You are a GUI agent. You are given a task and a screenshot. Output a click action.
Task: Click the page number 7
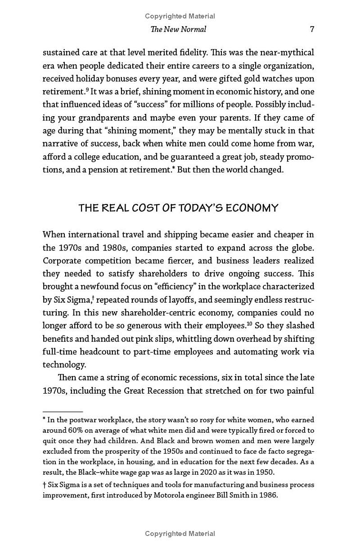click(x=312, y=29)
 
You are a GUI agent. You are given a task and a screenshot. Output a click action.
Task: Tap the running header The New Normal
click(x=178, y=29)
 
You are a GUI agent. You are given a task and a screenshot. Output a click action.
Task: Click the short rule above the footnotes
click(x=63, y=412)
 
